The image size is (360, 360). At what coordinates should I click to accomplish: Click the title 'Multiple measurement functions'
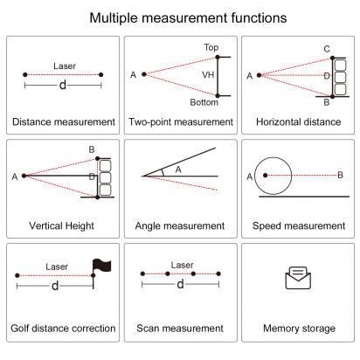point(180,17)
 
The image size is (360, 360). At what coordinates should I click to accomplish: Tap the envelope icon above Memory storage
point(299,279)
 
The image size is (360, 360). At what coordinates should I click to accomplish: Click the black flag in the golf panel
point(100,263)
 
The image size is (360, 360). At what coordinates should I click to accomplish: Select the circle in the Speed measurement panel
point(271,175)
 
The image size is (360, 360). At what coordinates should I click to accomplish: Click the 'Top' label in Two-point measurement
point(211,47)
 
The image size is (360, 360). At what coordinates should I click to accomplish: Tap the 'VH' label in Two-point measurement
point(208,75)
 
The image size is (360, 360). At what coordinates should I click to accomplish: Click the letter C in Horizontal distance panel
point(326,48)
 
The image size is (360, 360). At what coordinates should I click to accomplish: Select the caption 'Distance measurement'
point(63,122)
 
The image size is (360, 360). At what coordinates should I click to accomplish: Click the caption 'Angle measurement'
point(180,225)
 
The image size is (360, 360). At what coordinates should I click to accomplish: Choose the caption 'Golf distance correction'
point(63,329)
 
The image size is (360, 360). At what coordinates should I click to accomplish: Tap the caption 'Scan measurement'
point(180,329)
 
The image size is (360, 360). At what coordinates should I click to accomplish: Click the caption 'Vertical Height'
point(63,225)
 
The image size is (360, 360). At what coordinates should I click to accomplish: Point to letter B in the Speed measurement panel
point(340,176)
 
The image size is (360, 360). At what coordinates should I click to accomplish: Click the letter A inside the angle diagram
point(178,170)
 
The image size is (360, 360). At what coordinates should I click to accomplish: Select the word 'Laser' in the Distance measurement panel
point(64,66)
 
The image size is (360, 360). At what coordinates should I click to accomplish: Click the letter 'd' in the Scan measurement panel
point(181,285)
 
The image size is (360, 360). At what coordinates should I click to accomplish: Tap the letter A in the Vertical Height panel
point(15,177)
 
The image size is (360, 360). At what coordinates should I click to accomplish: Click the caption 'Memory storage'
point(299,329)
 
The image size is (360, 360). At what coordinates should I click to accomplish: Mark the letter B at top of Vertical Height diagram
point(91,149)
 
